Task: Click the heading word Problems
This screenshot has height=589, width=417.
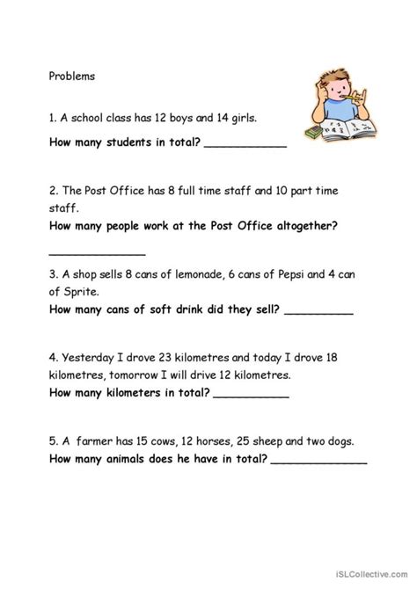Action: click(72, 76)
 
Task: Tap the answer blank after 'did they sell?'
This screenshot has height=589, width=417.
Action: click(319, 312)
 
